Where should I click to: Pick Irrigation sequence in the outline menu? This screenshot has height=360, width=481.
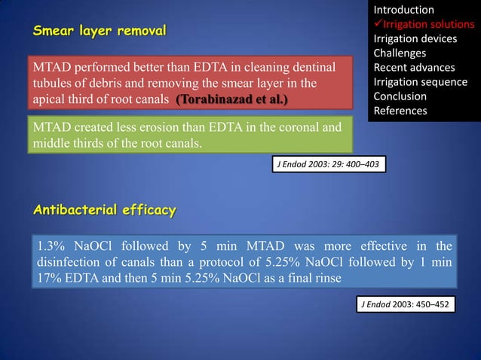tap(420, 82)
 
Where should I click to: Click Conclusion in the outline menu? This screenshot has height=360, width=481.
tap(400, 96)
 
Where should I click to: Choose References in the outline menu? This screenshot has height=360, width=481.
tap(400, 111)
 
